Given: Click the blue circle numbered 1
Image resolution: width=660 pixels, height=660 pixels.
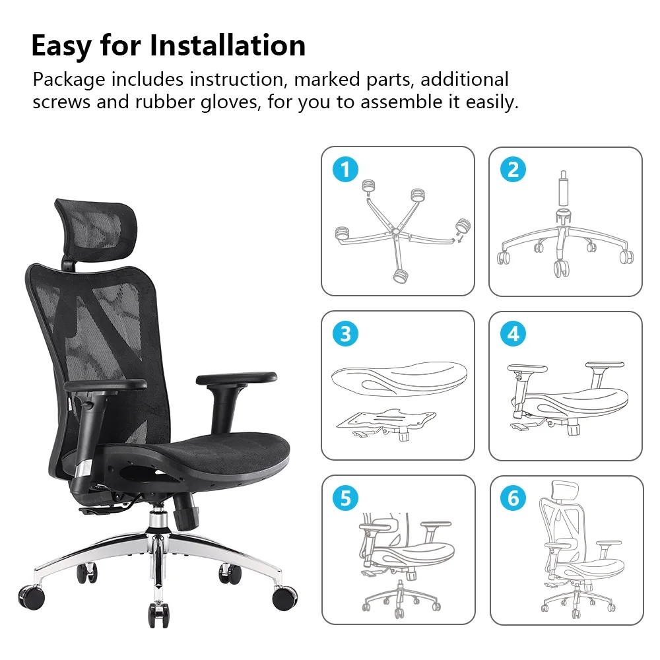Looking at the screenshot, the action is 345,170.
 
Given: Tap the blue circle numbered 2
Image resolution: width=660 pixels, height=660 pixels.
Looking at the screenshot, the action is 513,170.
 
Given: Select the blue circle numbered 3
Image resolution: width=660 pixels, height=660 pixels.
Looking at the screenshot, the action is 345,334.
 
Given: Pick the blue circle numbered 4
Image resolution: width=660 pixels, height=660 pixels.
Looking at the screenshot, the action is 513,334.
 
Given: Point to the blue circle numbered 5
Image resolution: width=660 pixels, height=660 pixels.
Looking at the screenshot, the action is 345,498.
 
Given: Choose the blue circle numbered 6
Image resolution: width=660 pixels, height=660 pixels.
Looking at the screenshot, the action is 513,498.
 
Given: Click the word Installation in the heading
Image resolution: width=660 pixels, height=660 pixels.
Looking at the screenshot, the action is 228,46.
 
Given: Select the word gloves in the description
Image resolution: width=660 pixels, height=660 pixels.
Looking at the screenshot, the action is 230,102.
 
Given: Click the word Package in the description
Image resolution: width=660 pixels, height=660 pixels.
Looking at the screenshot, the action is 69,80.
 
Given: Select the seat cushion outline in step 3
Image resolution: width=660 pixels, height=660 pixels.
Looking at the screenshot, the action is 399,379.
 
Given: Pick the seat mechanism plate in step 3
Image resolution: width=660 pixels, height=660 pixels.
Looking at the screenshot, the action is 386,423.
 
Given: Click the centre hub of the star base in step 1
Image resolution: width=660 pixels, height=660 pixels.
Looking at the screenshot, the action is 395,232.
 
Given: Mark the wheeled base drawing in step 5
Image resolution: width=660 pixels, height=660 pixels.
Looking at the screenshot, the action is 400,598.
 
